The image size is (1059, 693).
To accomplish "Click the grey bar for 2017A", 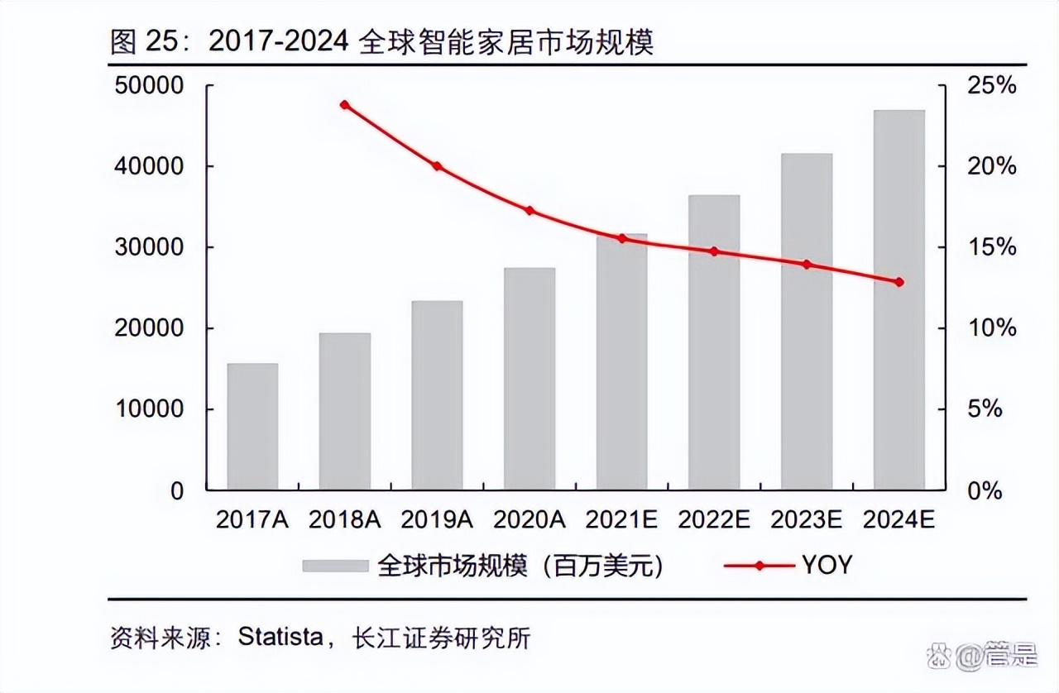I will pos(252,426).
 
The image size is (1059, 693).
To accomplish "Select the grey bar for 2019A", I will pos(437,394).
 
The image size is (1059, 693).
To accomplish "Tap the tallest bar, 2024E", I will pos(899,299).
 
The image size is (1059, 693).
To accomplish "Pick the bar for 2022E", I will pos(714,342).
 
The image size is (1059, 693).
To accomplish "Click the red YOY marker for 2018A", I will pos(345,105).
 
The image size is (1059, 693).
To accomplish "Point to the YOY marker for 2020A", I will pos(529,211).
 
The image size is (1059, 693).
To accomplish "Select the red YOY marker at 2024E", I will pos(899,282).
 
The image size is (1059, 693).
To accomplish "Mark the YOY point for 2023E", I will pos(807,265).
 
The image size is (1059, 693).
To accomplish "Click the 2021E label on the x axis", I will pos(621,519).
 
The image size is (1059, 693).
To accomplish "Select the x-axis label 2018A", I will pos(344,519).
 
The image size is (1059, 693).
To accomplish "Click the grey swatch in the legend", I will pos(334,566).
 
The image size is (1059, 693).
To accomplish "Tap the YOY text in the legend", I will pos(826,566).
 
